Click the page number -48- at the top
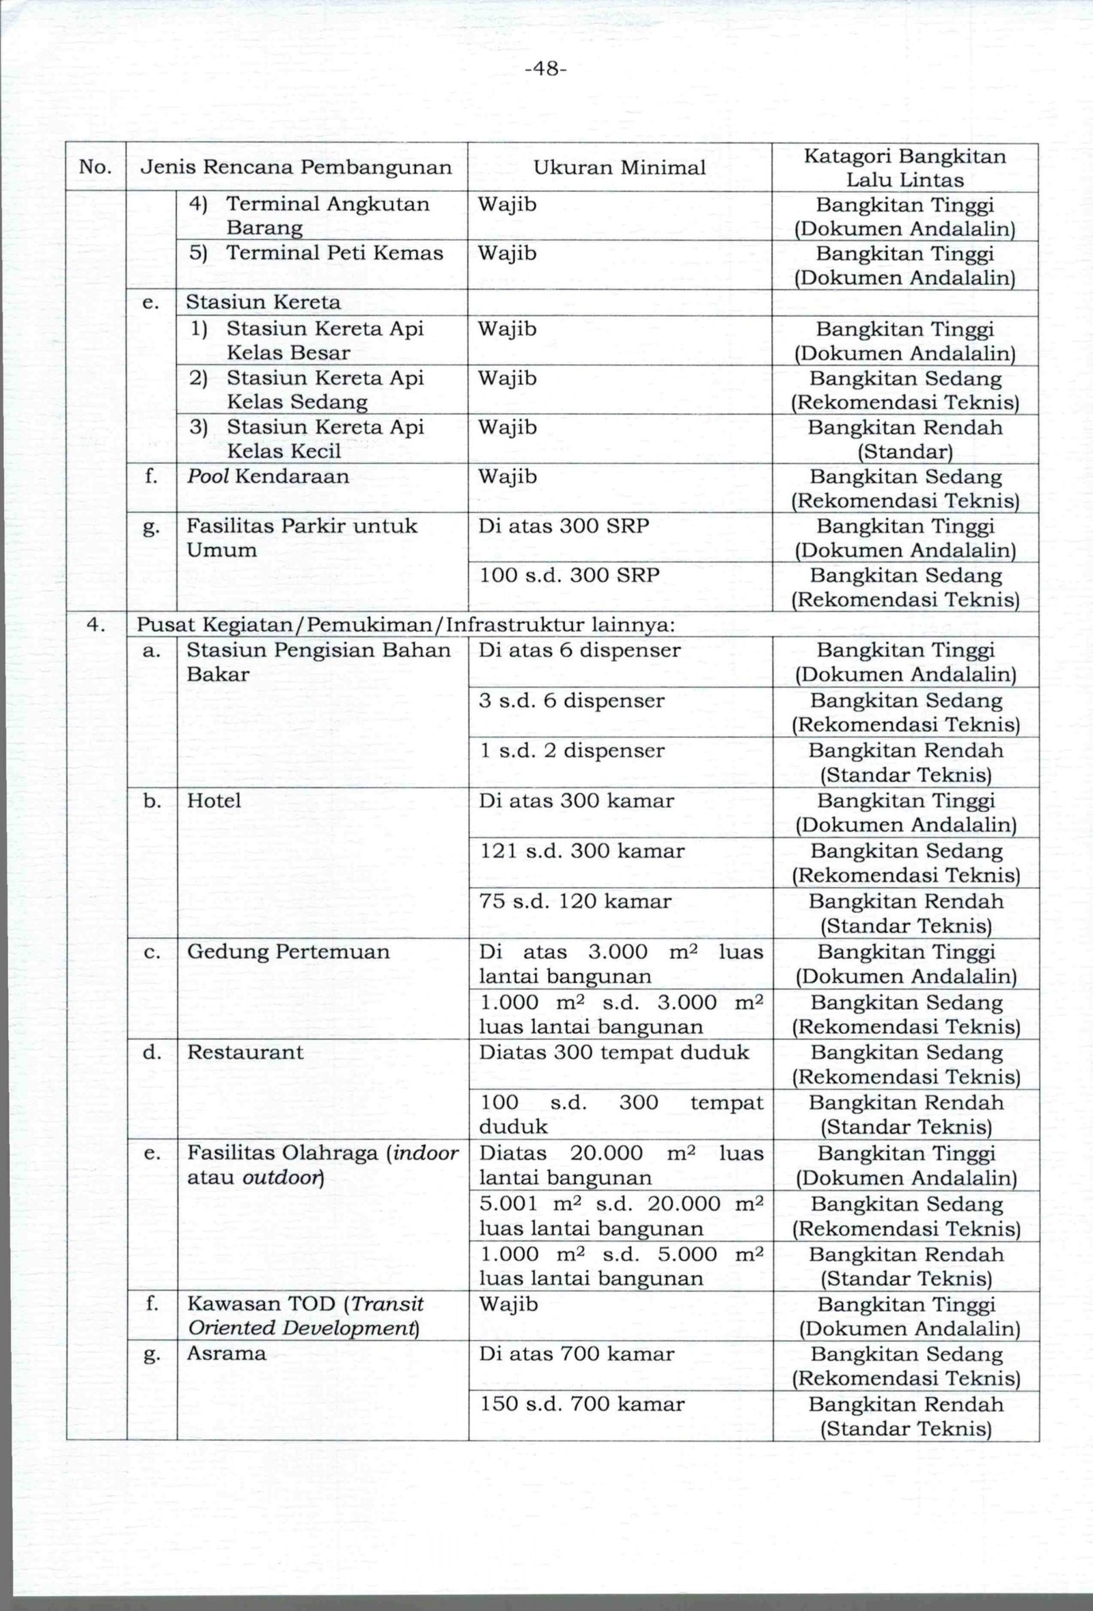(546, 70)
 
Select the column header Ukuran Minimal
(620, 167)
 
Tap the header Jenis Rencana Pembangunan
(296, 167)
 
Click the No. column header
(96, 167)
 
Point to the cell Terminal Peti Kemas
(334, 253)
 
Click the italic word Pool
(209, 477)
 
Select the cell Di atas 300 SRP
(564, 526)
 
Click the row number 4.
(96, 626)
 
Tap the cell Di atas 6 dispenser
(580, 651)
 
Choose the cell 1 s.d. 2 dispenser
(572, 751)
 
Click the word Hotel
(214, 801)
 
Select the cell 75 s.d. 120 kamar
(576, 902)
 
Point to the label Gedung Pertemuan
(288, 952)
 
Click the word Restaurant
(245, 1052)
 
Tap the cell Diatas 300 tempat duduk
(613, 1052)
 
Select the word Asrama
(226, 1354)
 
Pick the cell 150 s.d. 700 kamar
(582, 1405)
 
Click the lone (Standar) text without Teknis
(905, 452)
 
